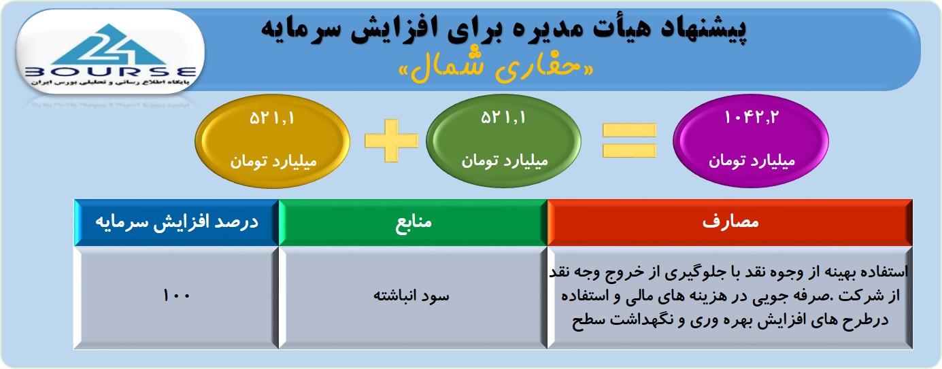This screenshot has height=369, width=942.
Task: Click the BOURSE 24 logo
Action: [110, 52]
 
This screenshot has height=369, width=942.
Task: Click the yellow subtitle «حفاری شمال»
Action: [497, 68]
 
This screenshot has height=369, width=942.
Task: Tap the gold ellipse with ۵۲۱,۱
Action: [273, 141]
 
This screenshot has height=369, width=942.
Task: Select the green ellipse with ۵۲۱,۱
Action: [504, 141]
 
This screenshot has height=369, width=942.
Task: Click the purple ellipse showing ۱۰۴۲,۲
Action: [751, 141]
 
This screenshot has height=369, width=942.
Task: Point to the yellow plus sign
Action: [391, 141]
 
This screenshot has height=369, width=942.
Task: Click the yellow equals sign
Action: [629, 141]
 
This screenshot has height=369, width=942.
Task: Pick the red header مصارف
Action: [730, 222]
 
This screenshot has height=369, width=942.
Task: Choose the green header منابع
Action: [413, 222]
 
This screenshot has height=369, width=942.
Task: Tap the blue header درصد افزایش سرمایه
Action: [177, 222]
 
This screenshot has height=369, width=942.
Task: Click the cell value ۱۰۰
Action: [177, 296]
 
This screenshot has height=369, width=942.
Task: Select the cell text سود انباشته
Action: [411, 296]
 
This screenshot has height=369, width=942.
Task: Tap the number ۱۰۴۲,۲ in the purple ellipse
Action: [751, 118]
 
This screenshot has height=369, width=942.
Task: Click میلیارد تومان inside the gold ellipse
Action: [273, 162]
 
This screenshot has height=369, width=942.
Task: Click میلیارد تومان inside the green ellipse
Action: [505, 161]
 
